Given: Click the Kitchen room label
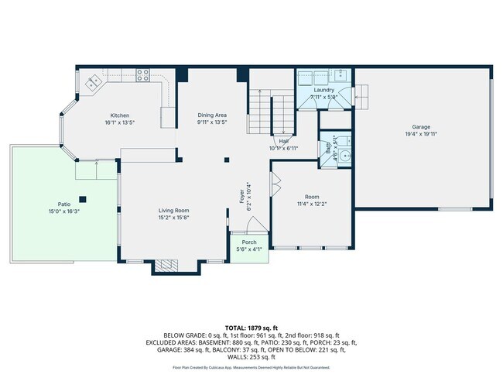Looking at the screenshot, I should pyautogui.click(x=119, y=115).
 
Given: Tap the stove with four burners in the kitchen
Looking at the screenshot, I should pyautogui.click(x=142, y=75).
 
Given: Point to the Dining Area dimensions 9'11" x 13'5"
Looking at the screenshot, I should pyautogui.click(x=211, y=122).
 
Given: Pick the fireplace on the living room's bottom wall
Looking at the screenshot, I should pyautogui.click(x=166, y=266).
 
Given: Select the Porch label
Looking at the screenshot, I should pyautogui.click(x=249, y=242).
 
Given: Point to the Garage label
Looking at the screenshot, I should pyautogui.click(x=421, y=126).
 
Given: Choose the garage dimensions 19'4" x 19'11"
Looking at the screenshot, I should pyautogui.click(x=421, y=133).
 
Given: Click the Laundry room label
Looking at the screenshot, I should pyautogui.click(x=323, y=90).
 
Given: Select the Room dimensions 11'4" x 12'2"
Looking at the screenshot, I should pyautogui.click(x=312, y=204).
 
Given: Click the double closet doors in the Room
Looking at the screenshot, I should pyautogui.click(x=275, y=186).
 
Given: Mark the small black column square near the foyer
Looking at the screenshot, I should pyautogui.click(x=227, y=160).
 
